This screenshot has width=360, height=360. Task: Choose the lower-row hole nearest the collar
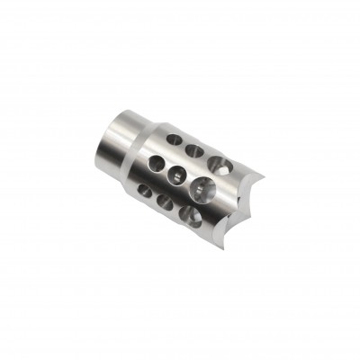click(x=145, y=192)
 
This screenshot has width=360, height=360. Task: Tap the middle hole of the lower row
click(x=166, y=202)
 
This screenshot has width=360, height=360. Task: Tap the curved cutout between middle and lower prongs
click(x=220, y=216)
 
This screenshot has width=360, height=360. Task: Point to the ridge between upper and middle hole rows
click(x=184, y=160)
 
